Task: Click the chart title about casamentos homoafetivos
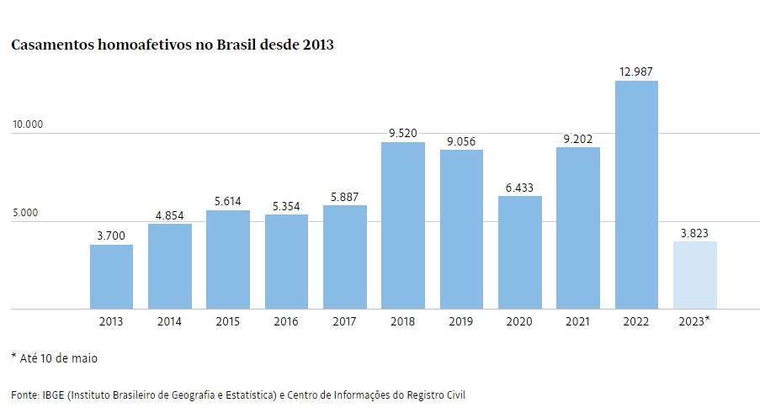pos(173,45)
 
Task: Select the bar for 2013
pos(111,277)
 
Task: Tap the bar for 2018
pos(403,225)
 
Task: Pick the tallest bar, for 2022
pos(636,195)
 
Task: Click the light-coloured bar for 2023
pos(694,275)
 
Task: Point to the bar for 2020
pos(519,252)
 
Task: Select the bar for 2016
pos(286,262)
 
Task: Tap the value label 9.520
pos(403,133)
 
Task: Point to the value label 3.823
pos(694,233)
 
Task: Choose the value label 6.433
pos(519,188)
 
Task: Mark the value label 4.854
pos(170,215)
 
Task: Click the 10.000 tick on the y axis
pos(27,124)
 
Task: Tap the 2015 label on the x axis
pos(228,321)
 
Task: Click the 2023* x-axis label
pos(694,321)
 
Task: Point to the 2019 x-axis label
pos(461,321)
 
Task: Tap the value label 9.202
pos(578,139)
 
